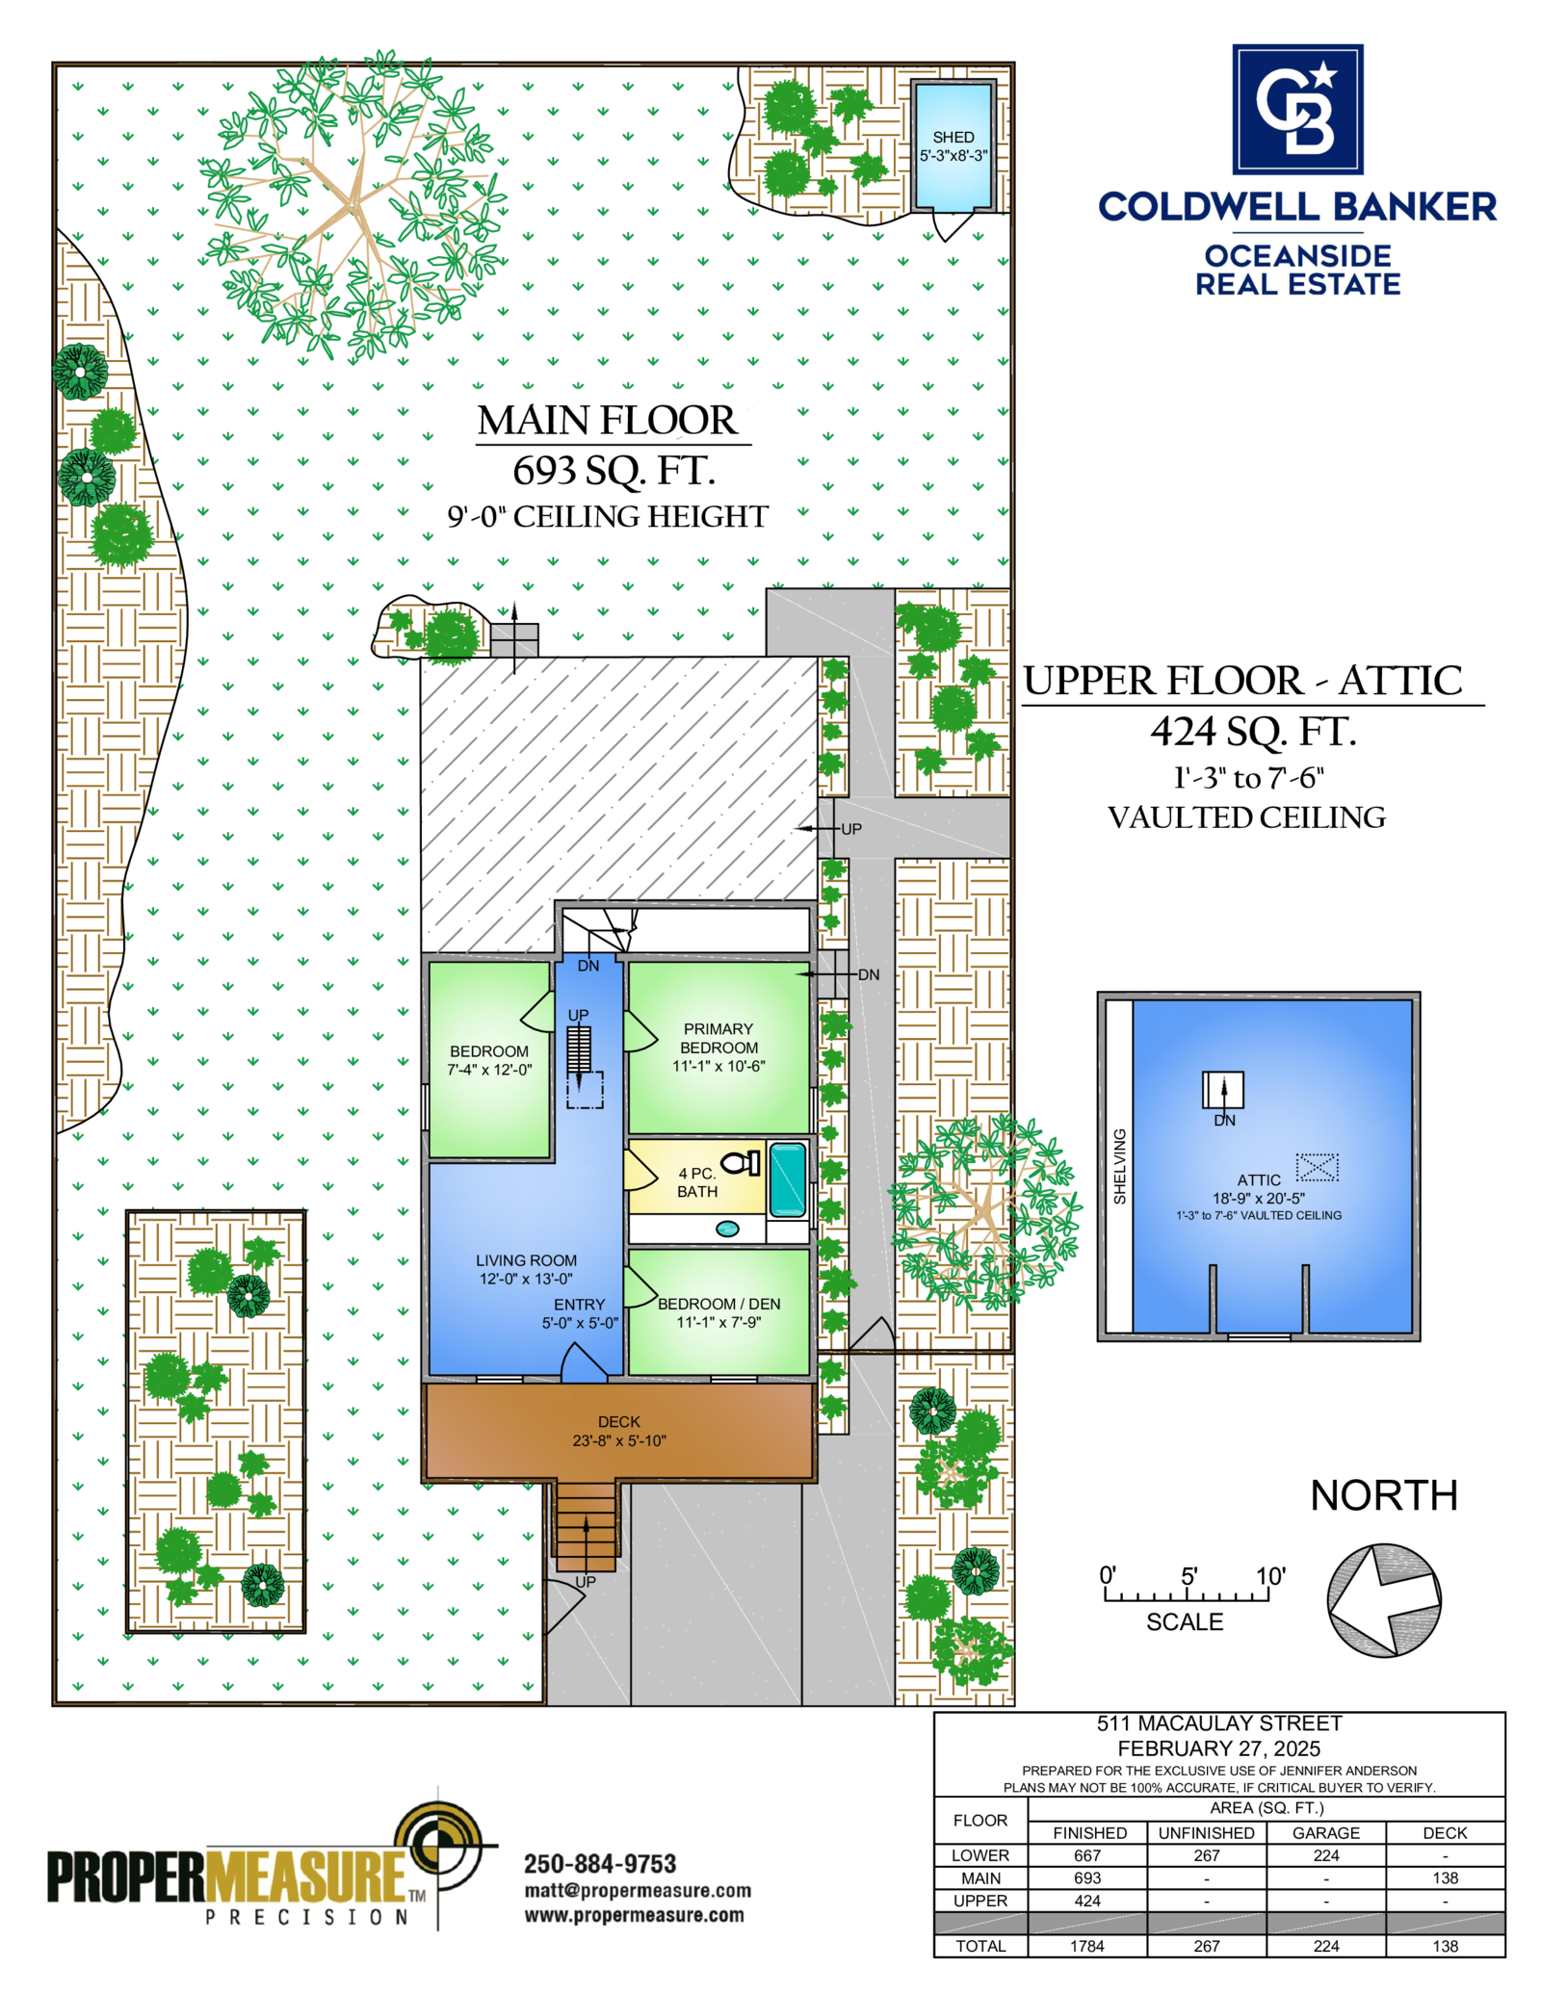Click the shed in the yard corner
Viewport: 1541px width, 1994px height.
953,145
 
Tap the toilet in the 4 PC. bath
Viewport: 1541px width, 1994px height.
741,1163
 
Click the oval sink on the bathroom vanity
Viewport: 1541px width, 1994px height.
727,1229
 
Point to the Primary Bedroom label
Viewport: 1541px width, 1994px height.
718,1038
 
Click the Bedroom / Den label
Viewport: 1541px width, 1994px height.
718,1304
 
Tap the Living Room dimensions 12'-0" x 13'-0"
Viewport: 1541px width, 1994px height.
526,1279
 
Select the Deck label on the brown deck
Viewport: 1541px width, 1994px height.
618,1421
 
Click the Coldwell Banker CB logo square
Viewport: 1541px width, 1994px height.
1297,109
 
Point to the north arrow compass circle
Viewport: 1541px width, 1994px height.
1383,1600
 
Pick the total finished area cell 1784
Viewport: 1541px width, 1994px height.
1086,1946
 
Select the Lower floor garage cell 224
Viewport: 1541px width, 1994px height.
1325,1855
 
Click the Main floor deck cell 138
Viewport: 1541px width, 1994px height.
1445,1877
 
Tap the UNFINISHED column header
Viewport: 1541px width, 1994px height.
1206,1833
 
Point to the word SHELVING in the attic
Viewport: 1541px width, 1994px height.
1119,1166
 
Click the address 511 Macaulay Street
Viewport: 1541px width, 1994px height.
1218,1723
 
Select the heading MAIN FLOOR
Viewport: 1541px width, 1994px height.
608,421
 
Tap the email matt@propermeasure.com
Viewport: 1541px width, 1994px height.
637,1891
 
